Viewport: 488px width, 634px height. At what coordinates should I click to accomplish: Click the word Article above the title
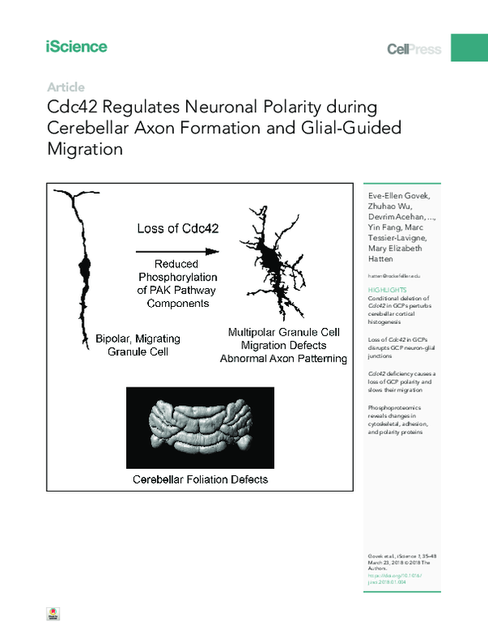click(66, 87)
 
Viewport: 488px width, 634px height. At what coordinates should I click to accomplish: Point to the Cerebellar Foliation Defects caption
click(200, 479)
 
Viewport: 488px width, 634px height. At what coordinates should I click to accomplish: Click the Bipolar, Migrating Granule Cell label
click(137, 343)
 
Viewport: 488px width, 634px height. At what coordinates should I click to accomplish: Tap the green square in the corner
click(469, 46)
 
